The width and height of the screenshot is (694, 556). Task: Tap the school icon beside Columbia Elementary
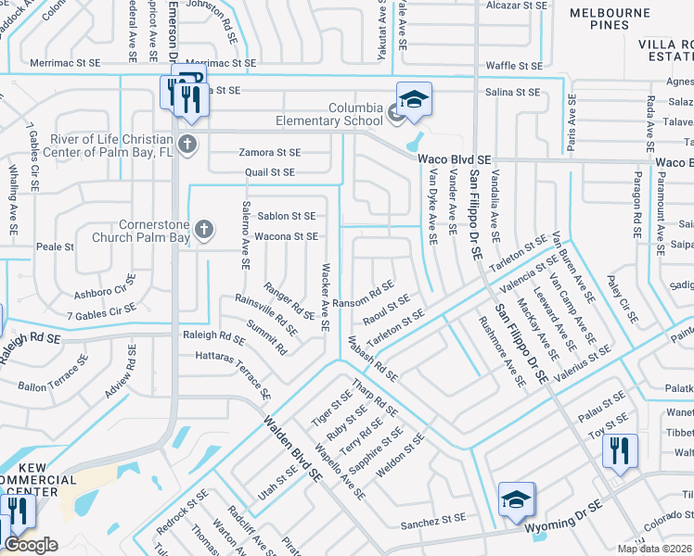(415, 97)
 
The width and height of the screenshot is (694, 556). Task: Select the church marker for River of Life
(187, 143)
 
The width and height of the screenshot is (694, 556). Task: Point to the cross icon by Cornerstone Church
(203, 229)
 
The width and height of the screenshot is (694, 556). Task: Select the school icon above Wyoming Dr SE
(517, 498)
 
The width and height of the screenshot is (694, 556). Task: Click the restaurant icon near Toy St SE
(620, 450)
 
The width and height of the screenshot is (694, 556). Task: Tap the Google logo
(31, 545)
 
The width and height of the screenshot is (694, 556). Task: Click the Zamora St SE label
(269, 152)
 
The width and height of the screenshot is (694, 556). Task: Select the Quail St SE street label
(269, 172)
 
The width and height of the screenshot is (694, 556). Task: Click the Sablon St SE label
(287, 216)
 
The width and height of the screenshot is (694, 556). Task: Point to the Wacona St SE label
(287, 236)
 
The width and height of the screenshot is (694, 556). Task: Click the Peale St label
(55, 247)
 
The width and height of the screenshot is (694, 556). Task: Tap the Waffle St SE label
(514, 66)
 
